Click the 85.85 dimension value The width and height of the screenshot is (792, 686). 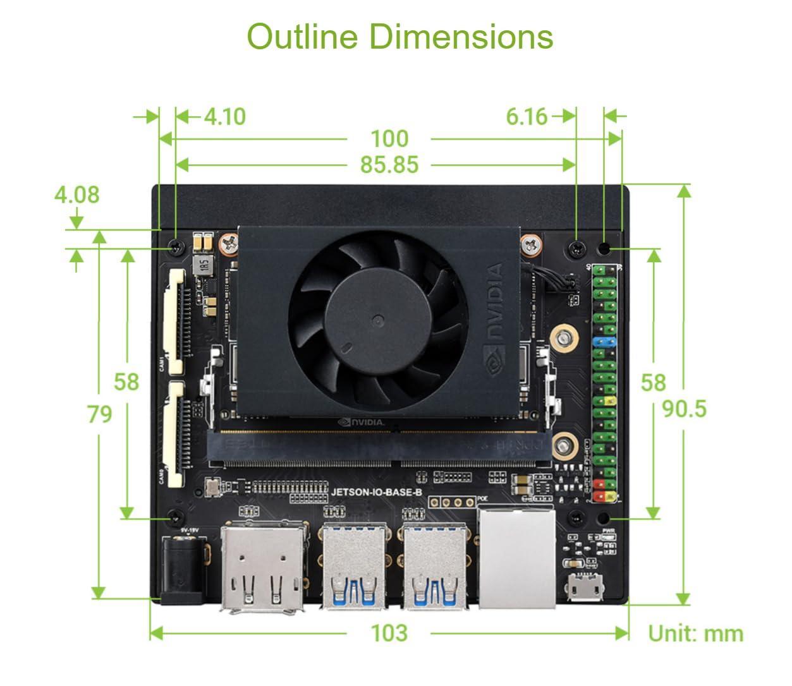389,165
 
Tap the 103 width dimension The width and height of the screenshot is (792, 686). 389,633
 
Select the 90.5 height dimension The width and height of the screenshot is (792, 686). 684,409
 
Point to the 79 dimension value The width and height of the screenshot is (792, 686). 99,414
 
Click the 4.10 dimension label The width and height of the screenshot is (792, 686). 225,117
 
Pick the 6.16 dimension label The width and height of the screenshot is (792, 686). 527,117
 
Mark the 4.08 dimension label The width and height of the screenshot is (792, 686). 76,195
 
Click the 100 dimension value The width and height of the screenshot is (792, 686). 389,139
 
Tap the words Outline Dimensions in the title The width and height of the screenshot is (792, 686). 399,37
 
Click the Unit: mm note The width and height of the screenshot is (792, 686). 695,634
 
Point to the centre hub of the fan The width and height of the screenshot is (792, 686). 377,320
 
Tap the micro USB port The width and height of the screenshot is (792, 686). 584,588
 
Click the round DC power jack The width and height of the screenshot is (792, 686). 183,567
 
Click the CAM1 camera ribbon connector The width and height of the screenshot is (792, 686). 176,320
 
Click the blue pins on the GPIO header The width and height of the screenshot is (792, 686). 606,342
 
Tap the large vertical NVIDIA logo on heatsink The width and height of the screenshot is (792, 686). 494,303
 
